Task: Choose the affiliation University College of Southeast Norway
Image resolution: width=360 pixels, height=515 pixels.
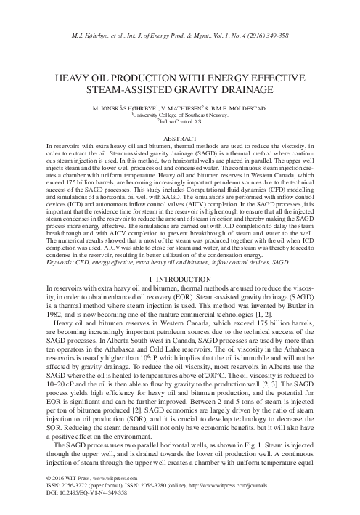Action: [x=180, y=115]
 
